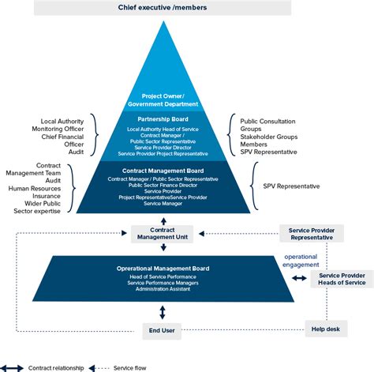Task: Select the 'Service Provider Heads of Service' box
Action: tap(341, 278)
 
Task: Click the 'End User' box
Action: tap(161, 329)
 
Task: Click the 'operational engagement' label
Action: tap(301, 260)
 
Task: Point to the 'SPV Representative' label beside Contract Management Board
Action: tap(293, 186)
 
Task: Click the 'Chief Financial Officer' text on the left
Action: tap(62, 140)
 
